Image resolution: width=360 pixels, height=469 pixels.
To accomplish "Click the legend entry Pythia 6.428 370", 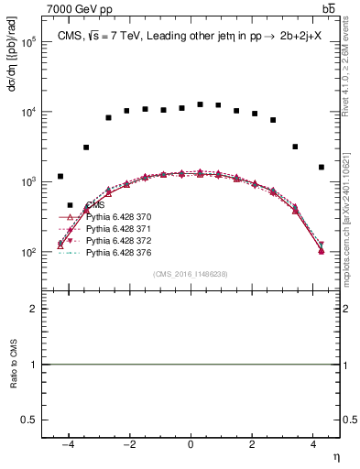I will [117, 218].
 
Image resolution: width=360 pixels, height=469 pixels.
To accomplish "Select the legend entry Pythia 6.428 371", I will [117, 229].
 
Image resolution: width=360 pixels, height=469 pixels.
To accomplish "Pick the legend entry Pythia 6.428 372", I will [117, 240].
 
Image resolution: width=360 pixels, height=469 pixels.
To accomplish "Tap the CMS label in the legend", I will [94, 207].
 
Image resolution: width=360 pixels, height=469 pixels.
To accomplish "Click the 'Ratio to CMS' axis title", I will [13, 365].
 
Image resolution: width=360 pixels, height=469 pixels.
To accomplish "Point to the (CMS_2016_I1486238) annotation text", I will [190, 274].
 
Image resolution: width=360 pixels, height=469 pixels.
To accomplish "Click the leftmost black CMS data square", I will [60, 176].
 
